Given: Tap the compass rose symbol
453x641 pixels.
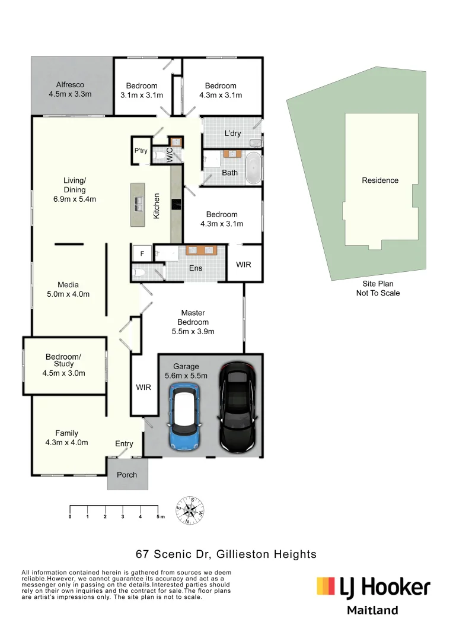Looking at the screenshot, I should point(190,510).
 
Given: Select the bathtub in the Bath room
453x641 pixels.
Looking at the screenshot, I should point(253,169).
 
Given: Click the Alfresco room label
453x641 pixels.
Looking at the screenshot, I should point(70,90).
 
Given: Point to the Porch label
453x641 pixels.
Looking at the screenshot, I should point(127,475).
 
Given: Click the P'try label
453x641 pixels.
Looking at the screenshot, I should point(141,151).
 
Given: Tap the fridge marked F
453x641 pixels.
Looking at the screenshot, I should point(142,253).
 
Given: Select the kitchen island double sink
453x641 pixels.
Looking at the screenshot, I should point(139,204).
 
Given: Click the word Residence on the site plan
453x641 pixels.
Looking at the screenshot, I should point(380,180).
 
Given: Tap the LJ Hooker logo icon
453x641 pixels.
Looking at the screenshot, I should point(326,586).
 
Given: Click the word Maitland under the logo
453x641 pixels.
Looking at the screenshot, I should point(372,610).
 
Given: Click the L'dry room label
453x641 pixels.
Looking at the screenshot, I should point(232,134).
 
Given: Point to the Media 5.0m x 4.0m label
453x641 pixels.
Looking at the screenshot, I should point(68,290).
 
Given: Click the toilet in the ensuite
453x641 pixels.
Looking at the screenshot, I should point(138,273).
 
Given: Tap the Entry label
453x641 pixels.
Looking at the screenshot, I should point(124,443).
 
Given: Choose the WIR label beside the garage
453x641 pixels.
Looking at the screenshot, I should point(143,388).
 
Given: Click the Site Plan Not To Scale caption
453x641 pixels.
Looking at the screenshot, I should point(378,288).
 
